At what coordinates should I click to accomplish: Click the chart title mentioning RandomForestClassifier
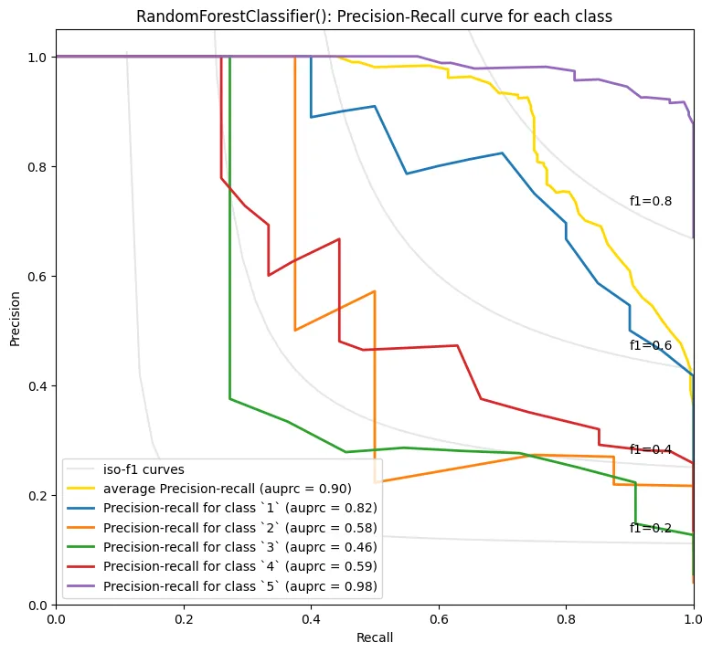374,16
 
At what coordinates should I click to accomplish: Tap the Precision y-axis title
15,319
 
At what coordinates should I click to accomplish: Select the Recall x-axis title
375,637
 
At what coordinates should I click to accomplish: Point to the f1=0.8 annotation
650,201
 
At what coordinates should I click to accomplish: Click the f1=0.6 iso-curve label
650,345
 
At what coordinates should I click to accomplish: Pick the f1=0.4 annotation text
650,449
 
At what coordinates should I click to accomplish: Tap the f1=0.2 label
650,528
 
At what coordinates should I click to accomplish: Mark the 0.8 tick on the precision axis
37,167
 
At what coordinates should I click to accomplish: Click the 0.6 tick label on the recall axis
439,619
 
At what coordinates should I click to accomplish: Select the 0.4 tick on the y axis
37,385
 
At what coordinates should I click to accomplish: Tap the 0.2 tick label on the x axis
184,619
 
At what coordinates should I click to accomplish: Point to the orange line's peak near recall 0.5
375,290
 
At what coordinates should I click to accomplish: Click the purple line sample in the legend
80,586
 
